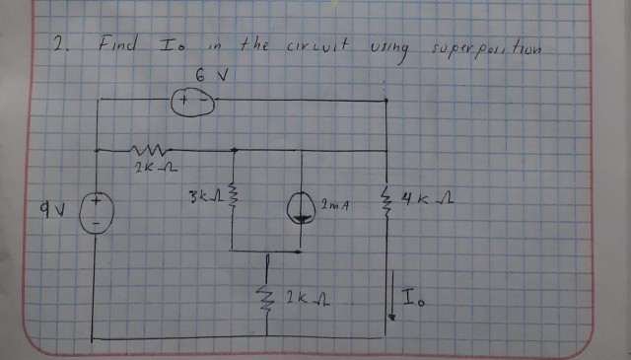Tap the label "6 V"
pyautogui.click(x=204, y=73)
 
